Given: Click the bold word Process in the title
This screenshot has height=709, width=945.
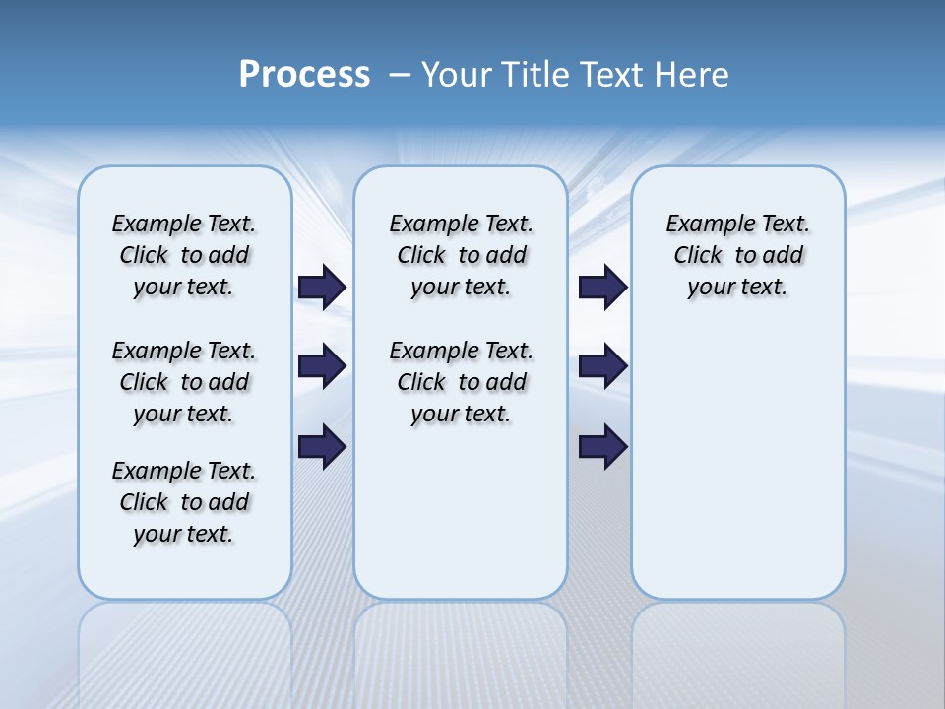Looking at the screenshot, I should coord(304,75).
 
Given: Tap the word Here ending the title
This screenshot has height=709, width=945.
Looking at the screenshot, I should coord(695,75).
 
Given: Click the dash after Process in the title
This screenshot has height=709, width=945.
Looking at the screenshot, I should coord(400,75).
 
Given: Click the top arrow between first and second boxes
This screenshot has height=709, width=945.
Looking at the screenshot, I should coord(321,288).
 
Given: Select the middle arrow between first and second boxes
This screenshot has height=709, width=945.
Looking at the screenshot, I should coord(321,367).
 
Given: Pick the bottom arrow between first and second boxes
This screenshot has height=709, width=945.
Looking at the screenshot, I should coord(321,447).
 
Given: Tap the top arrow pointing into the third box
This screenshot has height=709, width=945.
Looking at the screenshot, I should coord(602,288).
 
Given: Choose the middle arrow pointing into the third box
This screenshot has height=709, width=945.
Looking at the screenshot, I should coord(602,367).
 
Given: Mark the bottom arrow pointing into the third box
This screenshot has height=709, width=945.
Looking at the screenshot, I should coord(602,447).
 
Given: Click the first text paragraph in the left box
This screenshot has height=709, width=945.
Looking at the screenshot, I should coord(184,255).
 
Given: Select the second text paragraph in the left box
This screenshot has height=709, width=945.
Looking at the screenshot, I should coord(184,382).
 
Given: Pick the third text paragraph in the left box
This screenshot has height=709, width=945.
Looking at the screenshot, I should coord(184,502).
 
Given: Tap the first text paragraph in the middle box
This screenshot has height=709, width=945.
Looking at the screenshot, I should coord(461,255).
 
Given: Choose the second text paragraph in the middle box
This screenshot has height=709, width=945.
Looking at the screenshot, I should coord(461,382).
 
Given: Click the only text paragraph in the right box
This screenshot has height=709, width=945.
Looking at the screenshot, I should coord(738,255).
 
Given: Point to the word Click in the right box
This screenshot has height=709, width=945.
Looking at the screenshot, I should coord(698,256).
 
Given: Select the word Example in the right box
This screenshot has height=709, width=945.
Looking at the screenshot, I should coord(706,225).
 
